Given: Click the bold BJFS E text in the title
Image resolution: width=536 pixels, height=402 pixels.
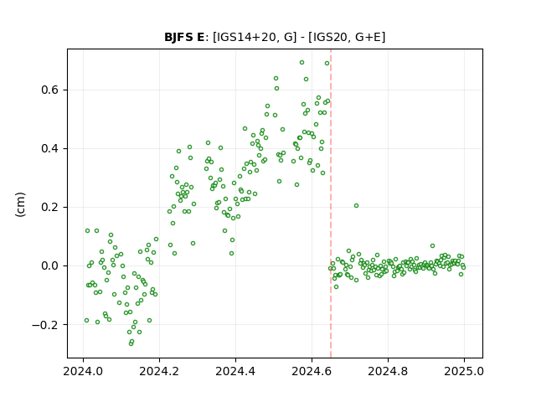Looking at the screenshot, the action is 184,37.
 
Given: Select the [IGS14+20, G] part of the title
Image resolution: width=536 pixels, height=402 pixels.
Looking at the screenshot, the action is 255,37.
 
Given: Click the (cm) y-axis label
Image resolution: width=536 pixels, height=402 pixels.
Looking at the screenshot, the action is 20,204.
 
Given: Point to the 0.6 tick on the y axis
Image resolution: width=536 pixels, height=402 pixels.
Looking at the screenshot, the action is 50,90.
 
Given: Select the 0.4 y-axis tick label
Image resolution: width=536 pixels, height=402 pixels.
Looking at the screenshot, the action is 50,149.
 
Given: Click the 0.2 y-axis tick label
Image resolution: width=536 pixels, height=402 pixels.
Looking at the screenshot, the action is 50,208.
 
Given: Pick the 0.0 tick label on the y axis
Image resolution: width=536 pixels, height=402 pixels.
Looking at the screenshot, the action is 50,266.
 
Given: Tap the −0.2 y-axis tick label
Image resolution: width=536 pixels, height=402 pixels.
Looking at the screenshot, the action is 46,325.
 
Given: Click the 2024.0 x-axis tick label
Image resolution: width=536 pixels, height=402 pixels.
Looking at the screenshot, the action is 83,371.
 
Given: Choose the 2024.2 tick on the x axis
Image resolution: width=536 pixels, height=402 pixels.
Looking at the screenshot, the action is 159,371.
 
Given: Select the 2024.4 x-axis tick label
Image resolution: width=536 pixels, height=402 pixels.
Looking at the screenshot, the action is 235,371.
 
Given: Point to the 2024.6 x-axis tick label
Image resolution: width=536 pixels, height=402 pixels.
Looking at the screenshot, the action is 312,371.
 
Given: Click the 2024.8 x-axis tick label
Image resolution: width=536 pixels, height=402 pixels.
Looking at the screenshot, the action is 388,371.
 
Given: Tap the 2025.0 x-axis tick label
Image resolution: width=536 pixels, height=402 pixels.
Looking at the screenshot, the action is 464,371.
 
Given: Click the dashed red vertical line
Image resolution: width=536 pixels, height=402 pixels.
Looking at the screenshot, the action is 331,204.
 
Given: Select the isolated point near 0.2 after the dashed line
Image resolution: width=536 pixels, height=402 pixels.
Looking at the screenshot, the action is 356,206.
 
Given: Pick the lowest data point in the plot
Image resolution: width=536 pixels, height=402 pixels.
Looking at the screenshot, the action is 131,343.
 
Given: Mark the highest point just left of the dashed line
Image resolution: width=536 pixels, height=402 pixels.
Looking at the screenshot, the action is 327,64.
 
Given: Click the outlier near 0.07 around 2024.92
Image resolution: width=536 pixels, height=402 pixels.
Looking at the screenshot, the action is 432,245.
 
